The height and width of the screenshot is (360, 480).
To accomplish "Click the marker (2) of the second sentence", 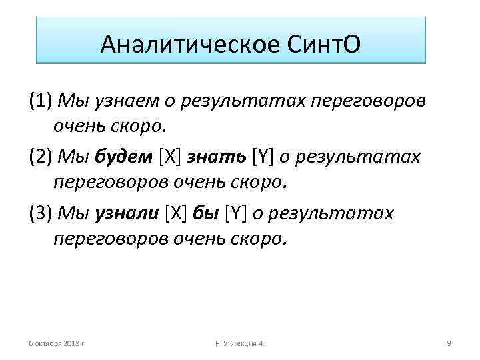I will click(41, 157).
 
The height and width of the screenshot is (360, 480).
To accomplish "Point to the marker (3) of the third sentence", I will click(41, 213).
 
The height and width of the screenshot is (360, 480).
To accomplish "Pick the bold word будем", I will click(125, 157).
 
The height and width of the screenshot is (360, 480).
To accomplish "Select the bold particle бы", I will click(204, 213).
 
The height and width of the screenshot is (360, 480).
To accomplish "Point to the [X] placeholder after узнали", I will click(177, 213).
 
